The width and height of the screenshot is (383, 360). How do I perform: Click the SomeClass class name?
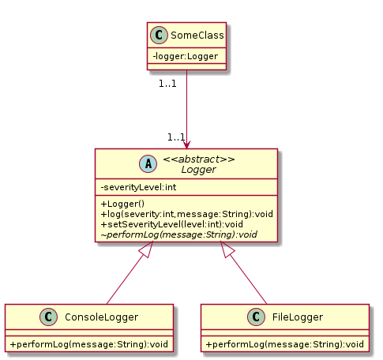click(197, 36)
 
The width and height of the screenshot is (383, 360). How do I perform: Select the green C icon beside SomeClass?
click(159, 35)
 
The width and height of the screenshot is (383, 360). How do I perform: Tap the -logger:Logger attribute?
click(186, 56)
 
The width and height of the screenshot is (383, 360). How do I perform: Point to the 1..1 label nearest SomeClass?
click(167, 84)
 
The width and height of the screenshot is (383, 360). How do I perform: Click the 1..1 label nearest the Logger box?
click(176, 137)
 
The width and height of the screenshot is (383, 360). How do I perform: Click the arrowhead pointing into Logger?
click(186, 144)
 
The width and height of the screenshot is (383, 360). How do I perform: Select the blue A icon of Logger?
click(148, 163)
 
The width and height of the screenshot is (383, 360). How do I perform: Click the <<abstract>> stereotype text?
click(199, 159)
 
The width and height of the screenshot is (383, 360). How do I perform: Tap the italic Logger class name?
click(199, 170)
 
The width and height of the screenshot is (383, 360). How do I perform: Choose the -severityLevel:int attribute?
click(138, 187)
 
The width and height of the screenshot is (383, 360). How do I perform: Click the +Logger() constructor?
click(122, 204)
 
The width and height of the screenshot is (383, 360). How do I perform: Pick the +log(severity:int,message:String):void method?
click(186, 214)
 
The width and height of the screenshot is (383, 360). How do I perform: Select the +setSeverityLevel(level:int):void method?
click(171, 224)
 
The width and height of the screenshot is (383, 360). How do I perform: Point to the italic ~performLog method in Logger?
click(179, 234)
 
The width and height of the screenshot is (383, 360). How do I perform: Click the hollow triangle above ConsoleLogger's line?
click(147, 249)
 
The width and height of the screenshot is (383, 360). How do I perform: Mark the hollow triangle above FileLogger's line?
click(227, 249)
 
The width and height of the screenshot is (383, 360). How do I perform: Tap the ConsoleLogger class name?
click(101, 317)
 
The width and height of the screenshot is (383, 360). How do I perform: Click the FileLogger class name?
click(298, 317)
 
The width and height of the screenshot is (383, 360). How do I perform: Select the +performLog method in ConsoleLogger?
click(89, 344)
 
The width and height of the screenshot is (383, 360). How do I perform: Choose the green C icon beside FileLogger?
click(256, 317)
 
